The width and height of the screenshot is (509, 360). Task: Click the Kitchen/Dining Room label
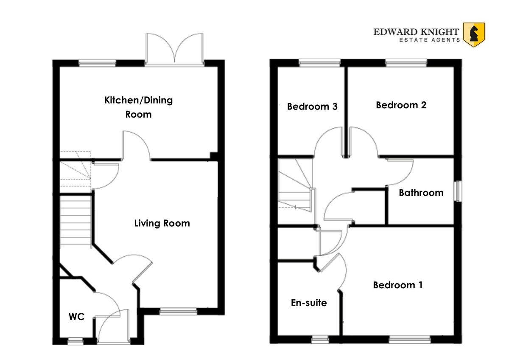(138, 107)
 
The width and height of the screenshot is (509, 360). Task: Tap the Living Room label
(162, 223)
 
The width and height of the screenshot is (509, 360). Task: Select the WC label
(77, 317)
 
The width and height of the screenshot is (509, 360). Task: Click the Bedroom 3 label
(312, 107)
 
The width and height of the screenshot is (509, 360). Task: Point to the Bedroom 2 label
(401, 105)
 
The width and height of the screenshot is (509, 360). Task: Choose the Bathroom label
(421, 193)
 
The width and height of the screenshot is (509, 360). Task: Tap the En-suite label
(309, 303)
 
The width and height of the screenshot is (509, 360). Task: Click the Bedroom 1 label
(398, 285)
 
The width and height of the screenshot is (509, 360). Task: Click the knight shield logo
(474, 35)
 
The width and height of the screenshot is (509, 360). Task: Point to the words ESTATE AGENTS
(429, 40)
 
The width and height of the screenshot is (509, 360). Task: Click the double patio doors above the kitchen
(174, 50)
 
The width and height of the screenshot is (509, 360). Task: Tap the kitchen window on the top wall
(97, 63)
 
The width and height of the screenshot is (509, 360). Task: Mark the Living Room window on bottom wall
(178, 311)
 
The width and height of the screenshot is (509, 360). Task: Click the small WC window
(76, 341)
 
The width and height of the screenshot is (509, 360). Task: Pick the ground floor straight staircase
(76, 220)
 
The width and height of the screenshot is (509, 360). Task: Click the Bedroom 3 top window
(319, 62)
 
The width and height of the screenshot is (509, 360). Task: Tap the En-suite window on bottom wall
(320, 339)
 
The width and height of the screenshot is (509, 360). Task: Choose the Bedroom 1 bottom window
(409, 339)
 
